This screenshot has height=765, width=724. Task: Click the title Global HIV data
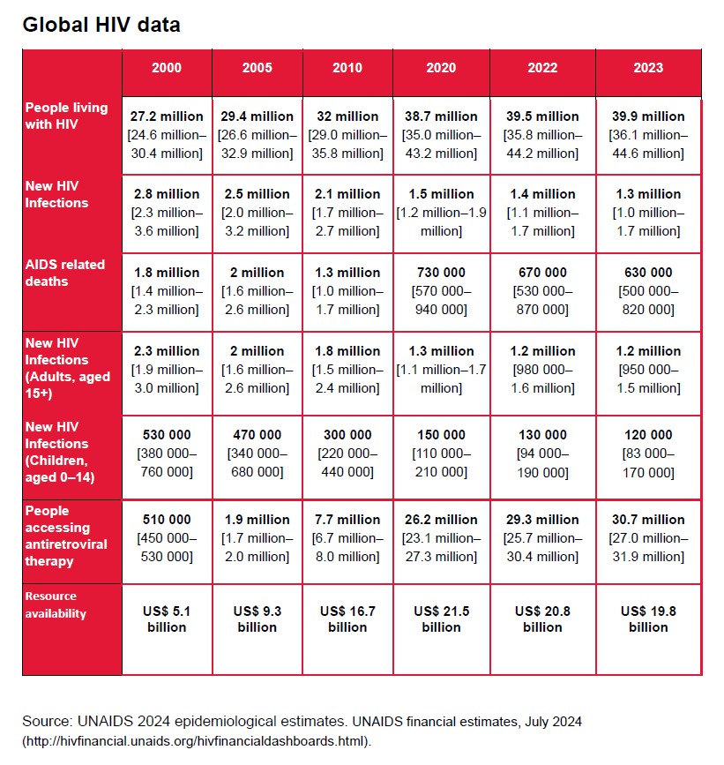tap(101, 25)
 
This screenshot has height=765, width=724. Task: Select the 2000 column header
tap(167, 68)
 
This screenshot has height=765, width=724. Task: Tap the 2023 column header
tap(648, 68)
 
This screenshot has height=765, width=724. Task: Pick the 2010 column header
tap(347, 68)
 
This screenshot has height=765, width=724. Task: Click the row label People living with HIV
tap(67, 116)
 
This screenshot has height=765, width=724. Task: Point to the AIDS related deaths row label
tap(65, 273)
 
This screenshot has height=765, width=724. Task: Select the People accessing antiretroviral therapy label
tap(67, 536)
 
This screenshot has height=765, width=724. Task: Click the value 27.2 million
tap(167, 116)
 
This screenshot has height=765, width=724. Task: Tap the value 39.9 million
tap(648, 116)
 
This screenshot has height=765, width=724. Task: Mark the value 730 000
tap(441, 273)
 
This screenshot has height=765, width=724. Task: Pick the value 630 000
tap(648, 273)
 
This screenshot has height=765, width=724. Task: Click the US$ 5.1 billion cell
tap(167, 619)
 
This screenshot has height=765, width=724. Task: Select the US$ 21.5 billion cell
tap(441, 619)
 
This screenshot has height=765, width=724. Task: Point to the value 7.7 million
tap(347, 520)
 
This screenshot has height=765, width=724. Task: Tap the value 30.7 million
tap(648, 520)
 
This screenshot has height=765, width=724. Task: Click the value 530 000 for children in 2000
tap(167, 435)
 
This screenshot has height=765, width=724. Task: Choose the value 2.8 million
tap(167, 194)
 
